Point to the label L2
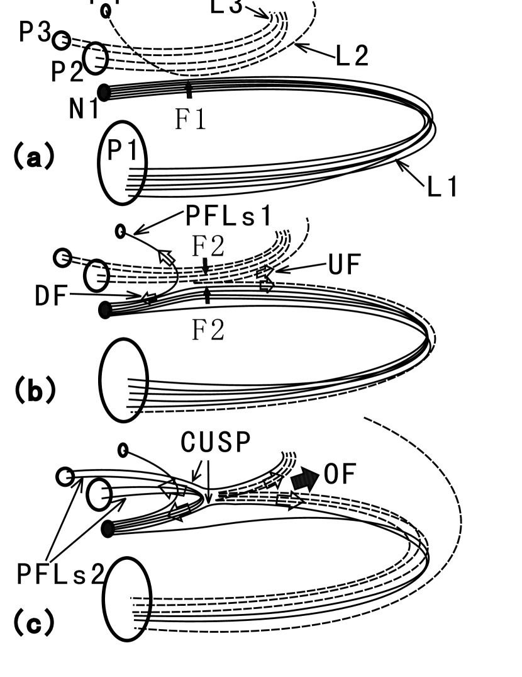352,56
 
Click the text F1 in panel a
190,119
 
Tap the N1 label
84,110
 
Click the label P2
67,73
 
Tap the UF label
344,266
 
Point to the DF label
51,295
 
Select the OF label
340,476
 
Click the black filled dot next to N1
104,93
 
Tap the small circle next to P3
61,40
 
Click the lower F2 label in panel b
208,329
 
